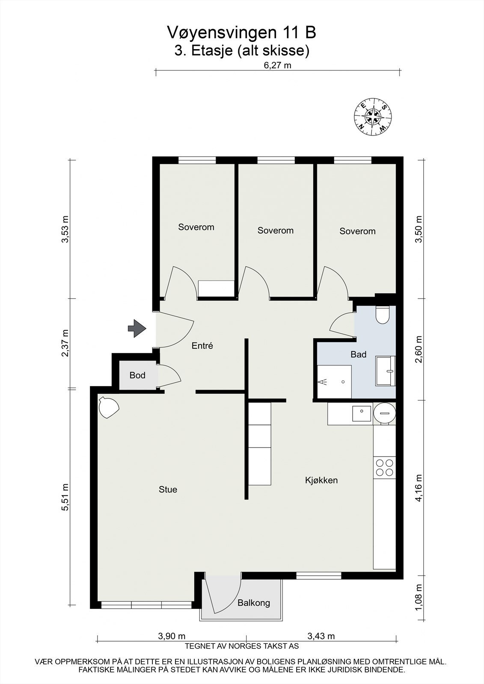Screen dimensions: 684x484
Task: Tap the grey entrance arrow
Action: click(x=137, y=328)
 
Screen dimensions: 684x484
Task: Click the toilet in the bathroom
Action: click(x=381, y=315)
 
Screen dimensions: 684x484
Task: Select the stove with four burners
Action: click(x=384, y=467)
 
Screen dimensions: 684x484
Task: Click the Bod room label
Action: click(x=137, y=375)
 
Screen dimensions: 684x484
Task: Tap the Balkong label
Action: click(x=254, y=603)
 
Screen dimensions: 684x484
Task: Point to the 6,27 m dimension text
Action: click(x=277, y=65)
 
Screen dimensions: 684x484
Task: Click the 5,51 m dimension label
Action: click(x=65, y=497)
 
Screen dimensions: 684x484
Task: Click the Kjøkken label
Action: click(x=321, y=480)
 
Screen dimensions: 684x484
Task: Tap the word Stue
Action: click(x=168, y=489)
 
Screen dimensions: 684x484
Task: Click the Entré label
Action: click(x=202, y=346)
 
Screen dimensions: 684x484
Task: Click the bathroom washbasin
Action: click(x=386, y=371)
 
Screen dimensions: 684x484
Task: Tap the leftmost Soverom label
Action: click(x=196, y=227)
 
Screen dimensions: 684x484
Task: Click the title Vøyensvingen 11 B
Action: click(x=242, y=32)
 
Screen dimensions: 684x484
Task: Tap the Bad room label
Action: click(x=358, y=354)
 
